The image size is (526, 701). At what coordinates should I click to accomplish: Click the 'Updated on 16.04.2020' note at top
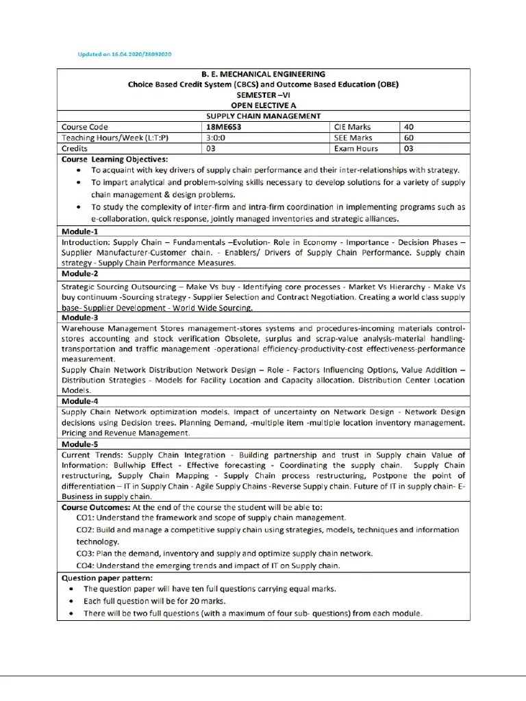pyautogui.click(x=114, y=53)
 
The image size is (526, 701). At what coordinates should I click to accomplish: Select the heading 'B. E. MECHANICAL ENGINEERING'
pyautogui.click(x=264, y=74)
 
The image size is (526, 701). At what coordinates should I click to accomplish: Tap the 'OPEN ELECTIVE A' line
pyautogui.click(x=264, y=105)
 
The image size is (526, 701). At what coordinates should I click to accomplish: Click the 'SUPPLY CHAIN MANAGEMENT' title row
pyautogui.click(x=264, y=116)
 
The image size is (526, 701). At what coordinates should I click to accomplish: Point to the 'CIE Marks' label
pyautogui.click(x=352, y=127)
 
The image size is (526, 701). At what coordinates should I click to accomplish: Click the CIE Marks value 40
pyautogui.click(x=409, y=127)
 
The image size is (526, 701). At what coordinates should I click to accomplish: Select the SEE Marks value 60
pyautogui.click(x=409, y=137)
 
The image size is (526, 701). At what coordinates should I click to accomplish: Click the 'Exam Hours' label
pyautogui.click(x=355, y=148)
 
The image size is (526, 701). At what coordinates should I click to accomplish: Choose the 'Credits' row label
pyautogui.click(x=75, y=148)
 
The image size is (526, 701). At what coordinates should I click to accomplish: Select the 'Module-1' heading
pyautogui.click(x=80, y=231)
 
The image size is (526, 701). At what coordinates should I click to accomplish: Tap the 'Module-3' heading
pyautogui.click(x=80, y=318)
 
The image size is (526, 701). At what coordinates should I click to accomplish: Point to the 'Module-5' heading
pyautogui.click(x=80, y=444)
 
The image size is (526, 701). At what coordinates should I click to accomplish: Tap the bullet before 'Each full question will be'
pyautogui.click(x=73, y=601)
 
